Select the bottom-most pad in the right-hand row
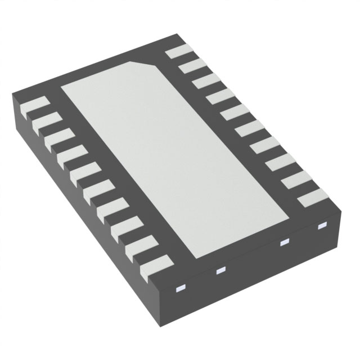click(312, 199)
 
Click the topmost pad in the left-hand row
click(34, 106)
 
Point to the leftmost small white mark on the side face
click(181, 289)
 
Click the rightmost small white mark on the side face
click(322, 226)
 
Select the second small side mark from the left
click(220, 271)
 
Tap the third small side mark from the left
click(283, 243)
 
